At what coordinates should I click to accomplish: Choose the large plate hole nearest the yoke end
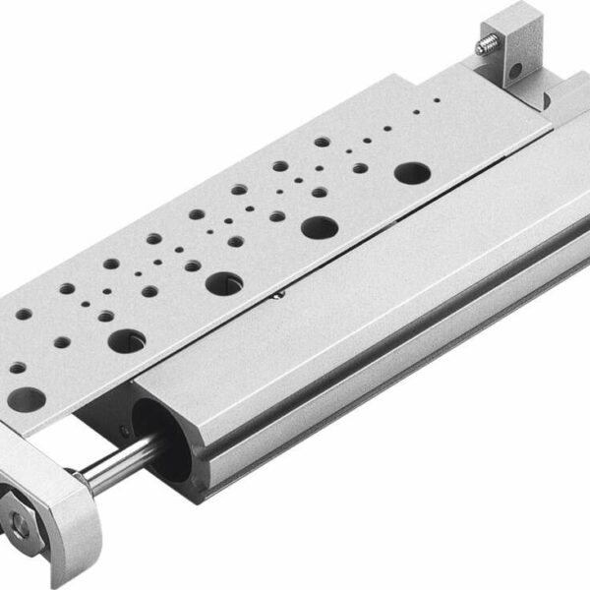pyautogui.click(x=28, y=399)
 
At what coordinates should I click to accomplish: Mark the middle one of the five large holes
pyautogui.click(x=222, y=284)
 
